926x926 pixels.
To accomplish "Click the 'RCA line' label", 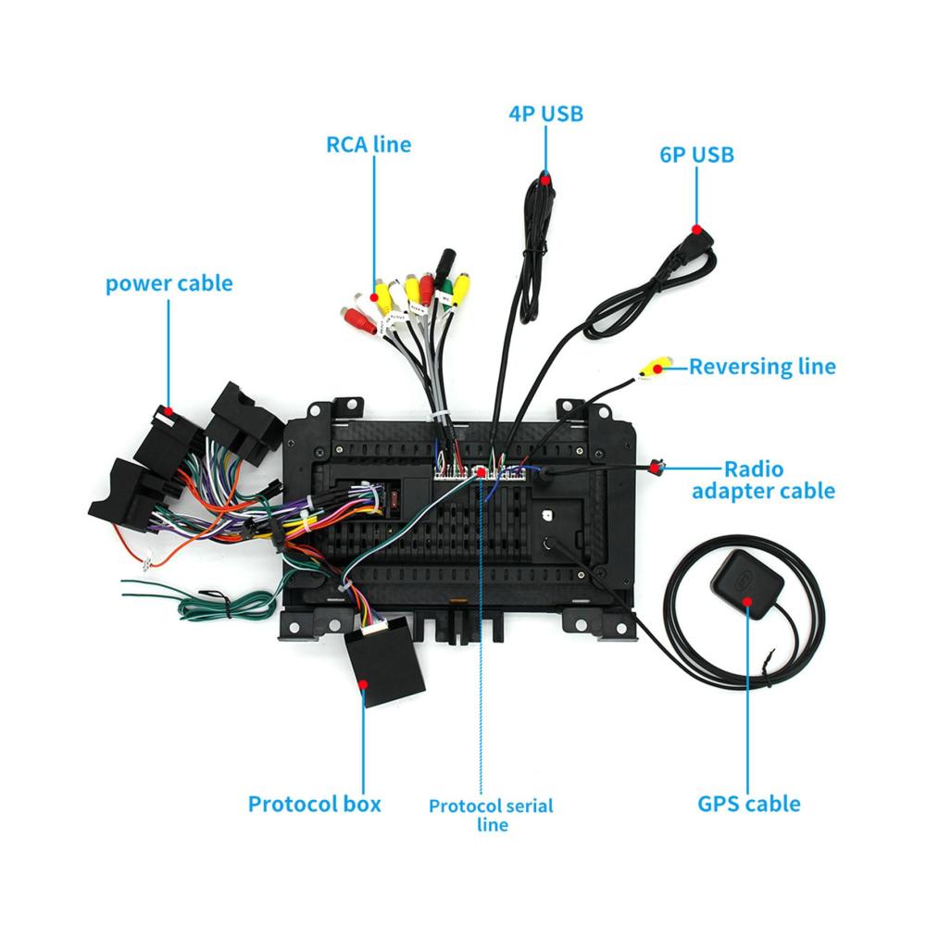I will tap(368, 144).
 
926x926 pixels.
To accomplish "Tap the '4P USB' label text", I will tap(545, 114).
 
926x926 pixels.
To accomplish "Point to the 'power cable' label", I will tap(169, 282).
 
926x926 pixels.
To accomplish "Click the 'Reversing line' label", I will tap(761, 367).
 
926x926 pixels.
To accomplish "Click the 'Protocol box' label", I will tap(314, 803).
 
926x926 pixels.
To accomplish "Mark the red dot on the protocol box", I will tap(363, 684).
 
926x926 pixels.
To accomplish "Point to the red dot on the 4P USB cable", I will tap(546, 177).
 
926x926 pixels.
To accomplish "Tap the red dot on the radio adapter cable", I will tap(657, 470).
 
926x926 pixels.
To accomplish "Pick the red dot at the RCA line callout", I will tap(375, 296).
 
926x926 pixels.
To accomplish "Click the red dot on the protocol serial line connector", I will tap(482, 470).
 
